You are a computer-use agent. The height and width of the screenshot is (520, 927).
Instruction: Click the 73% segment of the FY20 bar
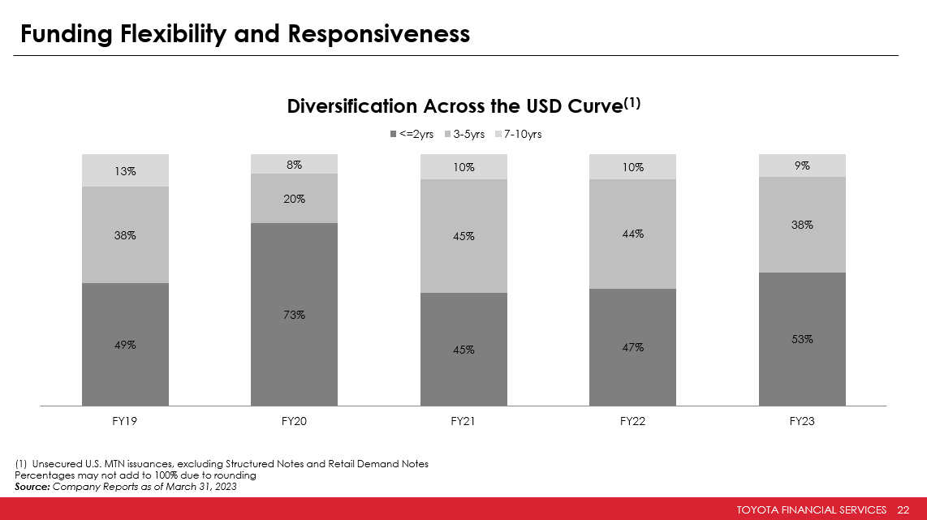(295, 314)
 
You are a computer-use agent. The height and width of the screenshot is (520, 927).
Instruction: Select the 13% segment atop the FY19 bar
(125, 170)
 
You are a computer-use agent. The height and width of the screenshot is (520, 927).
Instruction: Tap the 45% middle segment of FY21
(463, 236)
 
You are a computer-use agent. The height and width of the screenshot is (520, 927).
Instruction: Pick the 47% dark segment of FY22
(633, 347)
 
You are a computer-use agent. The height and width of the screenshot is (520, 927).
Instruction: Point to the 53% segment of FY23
(802, 339)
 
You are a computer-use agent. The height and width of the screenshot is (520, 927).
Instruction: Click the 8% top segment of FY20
(295, 164)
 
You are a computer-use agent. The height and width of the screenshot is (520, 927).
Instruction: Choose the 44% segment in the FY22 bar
(633, 234)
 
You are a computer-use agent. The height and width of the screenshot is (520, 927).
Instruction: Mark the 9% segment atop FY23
(802, 165)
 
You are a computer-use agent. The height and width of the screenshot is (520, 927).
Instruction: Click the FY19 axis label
(125, 423)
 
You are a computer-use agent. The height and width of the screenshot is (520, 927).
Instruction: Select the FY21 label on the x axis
(463, 423)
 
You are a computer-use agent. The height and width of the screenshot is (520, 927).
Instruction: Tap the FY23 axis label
(802, 423)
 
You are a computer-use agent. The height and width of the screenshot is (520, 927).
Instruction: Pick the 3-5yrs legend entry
(464, 135)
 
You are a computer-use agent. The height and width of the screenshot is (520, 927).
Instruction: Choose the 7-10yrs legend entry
(518, 135)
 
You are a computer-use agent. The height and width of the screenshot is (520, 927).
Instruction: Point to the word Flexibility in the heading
(171, 34)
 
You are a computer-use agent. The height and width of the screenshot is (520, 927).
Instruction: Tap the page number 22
(903, 509)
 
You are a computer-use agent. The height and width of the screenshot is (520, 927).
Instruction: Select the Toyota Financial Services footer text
(811, 509)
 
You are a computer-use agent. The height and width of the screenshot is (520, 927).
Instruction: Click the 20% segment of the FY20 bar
(295, 198)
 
